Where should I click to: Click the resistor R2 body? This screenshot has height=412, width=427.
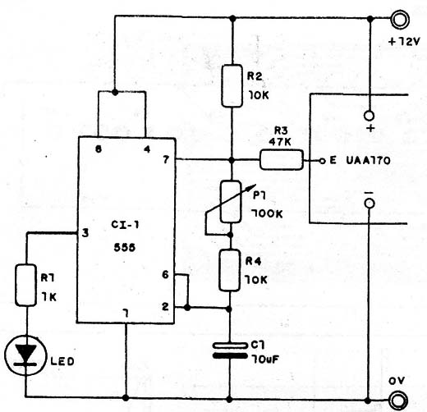click(232, 85)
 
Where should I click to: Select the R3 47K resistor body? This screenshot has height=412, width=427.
click(282, 160)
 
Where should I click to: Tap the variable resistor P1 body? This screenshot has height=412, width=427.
click(231, 202)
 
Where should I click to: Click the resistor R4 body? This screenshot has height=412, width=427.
click(229, 270)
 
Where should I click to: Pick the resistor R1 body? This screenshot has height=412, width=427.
click(25, 285)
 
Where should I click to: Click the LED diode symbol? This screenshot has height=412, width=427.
click(25, 355)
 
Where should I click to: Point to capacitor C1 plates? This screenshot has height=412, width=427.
click(230, 350)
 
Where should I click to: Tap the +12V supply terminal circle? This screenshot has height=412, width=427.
click(400, 19)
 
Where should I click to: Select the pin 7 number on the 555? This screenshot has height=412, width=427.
click(166, 159)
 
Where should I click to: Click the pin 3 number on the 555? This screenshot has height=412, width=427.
click(85, 233)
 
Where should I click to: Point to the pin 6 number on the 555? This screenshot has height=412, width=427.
click(165, 274)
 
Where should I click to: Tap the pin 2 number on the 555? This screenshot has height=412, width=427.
click(165, 307)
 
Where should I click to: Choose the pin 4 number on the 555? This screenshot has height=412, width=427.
click(147, 149)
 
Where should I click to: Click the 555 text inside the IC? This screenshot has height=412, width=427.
click(125, 248)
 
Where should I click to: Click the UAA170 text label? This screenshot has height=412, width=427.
click(368, 161)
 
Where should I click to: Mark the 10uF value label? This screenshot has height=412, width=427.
click(265, 359)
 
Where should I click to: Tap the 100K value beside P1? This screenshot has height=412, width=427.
click(267, 214)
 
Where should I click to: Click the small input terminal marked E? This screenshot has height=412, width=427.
click(323, 161)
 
